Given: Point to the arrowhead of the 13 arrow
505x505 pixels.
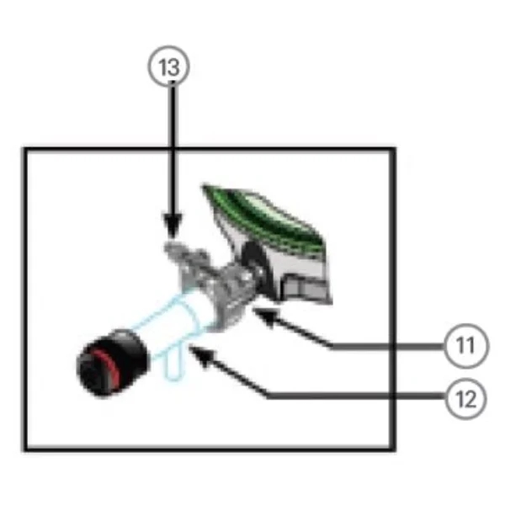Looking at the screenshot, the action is [173, 225].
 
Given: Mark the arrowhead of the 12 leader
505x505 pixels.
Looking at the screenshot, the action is [202, 355].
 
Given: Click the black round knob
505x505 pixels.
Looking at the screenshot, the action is [113, 363].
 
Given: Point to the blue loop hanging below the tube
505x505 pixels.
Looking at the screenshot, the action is [174, 364].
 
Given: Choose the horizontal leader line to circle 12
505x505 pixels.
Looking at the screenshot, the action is [357, 396].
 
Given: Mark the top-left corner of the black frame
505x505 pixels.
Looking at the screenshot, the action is [24, 150].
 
